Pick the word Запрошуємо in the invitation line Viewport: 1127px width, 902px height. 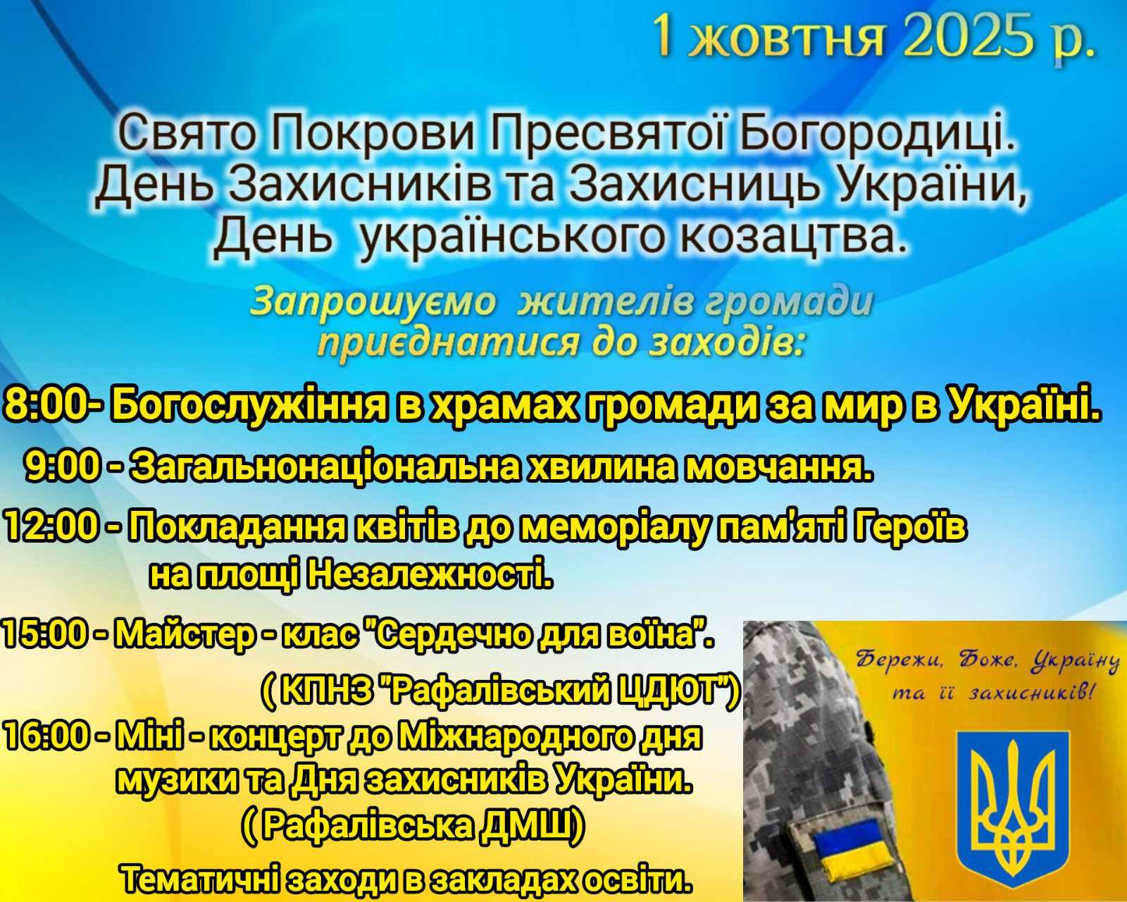(373, 304)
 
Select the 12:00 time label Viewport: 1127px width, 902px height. (51, 527)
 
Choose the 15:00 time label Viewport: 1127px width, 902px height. (51, 635)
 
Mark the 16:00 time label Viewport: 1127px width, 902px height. (52, 737)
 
